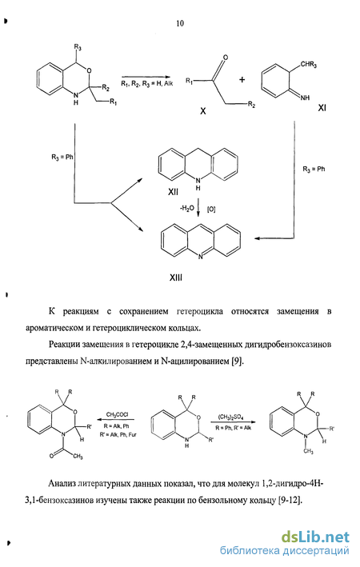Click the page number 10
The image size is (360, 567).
tap(180, 23)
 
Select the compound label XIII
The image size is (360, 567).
tap(176, 278)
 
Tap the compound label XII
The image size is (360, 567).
tap(173, 193)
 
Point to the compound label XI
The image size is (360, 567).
tap(322, 107)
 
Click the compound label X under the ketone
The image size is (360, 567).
tap(203, 111)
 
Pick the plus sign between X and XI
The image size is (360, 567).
tap(242, 79)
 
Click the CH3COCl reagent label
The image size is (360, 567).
tap(117, 414)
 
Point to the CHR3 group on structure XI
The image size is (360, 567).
tap(309, 65)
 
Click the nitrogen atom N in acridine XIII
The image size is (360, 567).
tap(201, 257)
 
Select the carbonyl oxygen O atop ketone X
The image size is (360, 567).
tap(226, 58)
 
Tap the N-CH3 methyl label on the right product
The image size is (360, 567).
tap(308, 451)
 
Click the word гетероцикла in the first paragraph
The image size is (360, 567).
tap(200, 311)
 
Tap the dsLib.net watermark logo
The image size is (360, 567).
tap(315, 537)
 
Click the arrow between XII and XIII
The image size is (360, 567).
tap(198, 208)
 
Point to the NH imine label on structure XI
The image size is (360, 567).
tap(305, 98)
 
